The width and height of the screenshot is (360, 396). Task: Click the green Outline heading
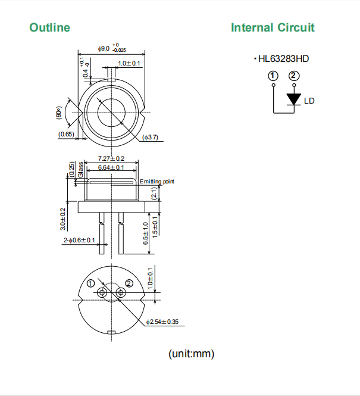coord(49,27)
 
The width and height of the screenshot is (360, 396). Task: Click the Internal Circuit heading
coord(273,27)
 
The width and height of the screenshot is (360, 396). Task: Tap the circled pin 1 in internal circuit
coord(273,76)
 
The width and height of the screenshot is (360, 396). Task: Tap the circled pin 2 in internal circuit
coord(293,76)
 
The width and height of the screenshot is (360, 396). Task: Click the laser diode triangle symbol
coord(293,99)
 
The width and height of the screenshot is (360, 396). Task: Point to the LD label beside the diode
coord(309,101)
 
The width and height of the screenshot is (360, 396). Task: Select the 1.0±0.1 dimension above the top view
coord(129,63)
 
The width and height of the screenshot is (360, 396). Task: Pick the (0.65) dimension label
coord(66,135)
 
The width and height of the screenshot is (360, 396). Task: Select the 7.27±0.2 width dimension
coord(111,158)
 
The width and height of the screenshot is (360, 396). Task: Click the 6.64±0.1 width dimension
coord(111,168)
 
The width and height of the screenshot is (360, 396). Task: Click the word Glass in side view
coord(80,169)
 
